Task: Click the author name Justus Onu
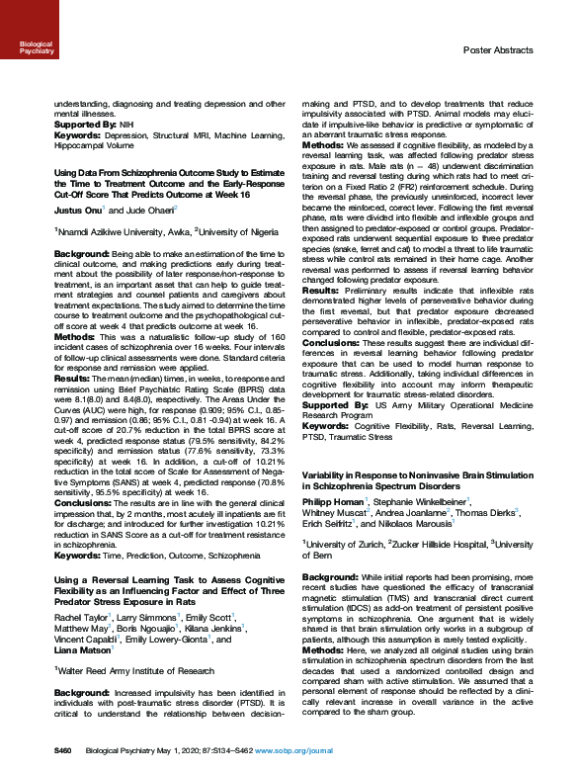[73, 210]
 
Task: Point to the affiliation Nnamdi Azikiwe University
[106, 229]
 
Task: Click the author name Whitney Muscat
[334, 513]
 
